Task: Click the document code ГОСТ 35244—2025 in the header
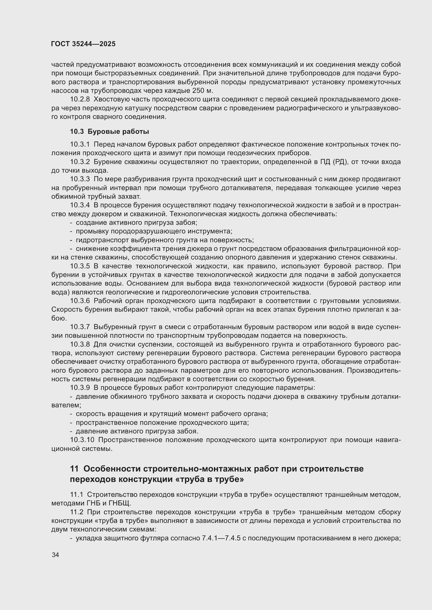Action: pos(83,44)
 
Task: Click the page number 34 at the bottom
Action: pos(55,555)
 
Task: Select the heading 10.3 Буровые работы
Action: pos(109,131)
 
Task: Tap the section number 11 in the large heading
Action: pos(74,469)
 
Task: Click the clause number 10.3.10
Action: pos(82,440)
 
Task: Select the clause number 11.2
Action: pos(76,512)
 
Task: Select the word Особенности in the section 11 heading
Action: pos(112,469)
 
